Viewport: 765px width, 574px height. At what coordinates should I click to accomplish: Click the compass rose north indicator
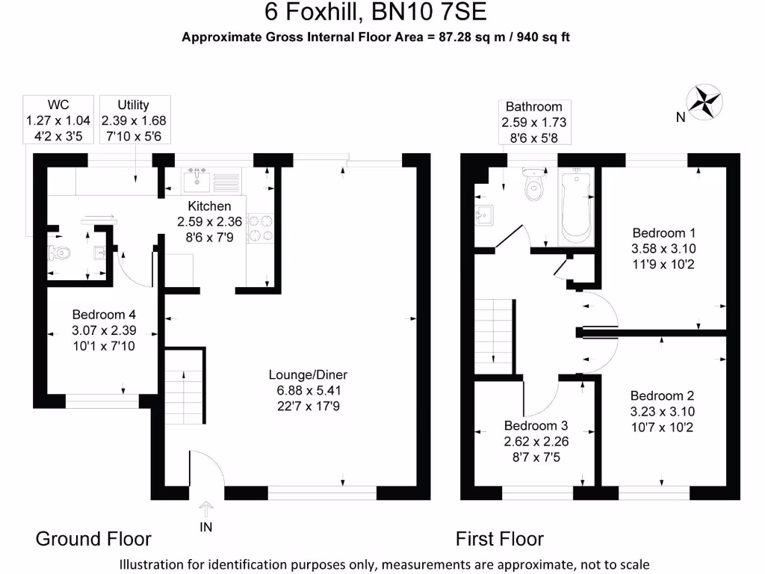[703, 102]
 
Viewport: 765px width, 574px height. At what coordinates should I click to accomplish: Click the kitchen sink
[199, 180]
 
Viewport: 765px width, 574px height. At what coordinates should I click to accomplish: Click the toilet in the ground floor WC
[59, 253]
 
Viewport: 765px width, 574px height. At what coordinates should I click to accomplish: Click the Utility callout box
[134, 120]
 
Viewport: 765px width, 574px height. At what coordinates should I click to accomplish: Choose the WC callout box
[58, 120]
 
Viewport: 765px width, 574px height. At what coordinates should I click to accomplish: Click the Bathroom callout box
[533, 122]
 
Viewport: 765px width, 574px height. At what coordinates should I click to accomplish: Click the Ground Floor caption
[93, 539]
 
